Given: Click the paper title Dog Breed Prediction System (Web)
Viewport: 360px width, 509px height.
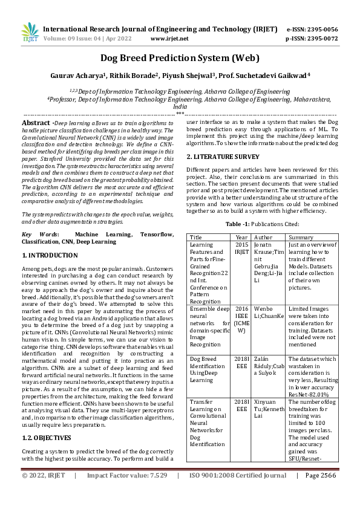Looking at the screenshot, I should (x=180, y=59).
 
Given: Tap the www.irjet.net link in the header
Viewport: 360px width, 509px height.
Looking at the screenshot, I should (x=169, y=38).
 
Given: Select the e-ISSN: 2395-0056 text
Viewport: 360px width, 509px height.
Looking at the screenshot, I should (x=312, y=29).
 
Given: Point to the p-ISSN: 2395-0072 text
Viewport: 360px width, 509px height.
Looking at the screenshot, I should (x=312, y=38).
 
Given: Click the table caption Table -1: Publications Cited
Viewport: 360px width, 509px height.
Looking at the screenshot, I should (x=262, y=224).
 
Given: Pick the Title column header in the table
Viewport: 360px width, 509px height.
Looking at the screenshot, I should (x=197, y=238).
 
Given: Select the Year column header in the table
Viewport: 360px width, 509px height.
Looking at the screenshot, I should (x=241, y=238).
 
